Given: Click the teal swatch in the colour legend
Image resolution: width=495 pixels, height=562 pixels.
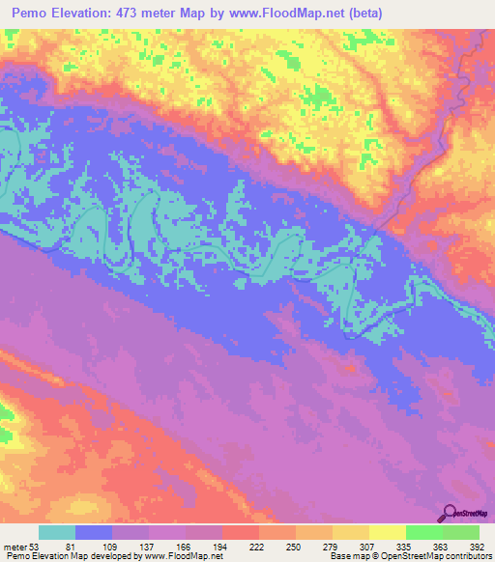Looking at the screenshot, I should click(57, 532).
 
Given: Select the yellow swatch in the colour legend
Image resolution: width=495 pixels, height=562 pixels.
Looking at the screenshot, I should click(387, 532).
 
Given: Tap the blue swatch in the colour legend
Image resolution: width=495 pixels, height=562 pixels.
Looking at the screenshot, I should click(94, 532).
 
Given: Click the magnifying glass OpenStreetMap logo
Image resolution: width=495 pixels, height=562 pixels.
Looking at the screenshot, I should click(450, 512).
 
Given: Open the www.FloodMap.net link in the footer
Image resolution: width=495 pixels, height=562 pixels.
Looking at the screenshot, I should click(183, 556).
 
